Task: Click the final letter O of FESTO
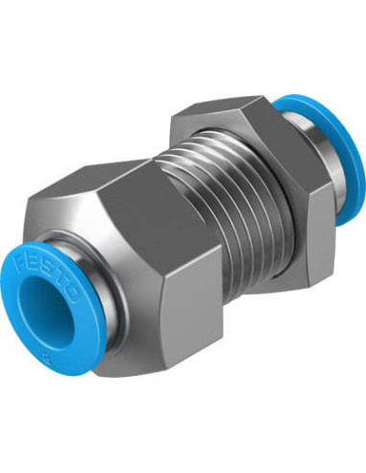73,292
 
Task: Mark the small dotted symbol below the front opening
43,356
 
